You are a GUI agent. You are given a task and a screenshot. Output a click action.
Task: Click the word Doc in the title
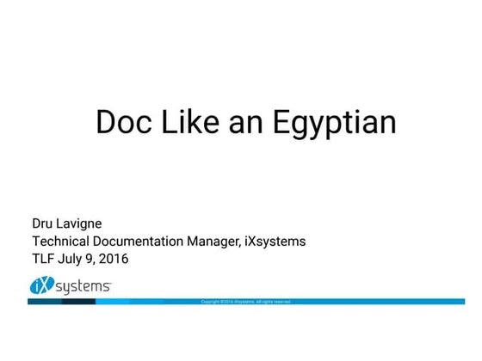tap(120, 122)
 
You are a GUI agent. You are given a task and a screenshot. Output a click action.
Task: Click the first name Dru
tap(44, 223)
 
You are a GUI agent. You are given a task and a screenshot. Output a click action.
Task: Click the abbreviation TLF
tap(44, 258)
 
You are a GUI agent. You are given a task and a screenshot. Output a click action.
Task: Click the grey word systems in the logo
tap(83, 287)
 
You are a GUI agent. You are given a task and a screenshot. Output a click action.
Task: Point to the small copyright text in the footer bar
tap(246, 302)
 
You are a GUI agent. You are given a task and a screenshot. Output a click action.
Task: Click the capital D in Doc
tap(105, 122)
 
